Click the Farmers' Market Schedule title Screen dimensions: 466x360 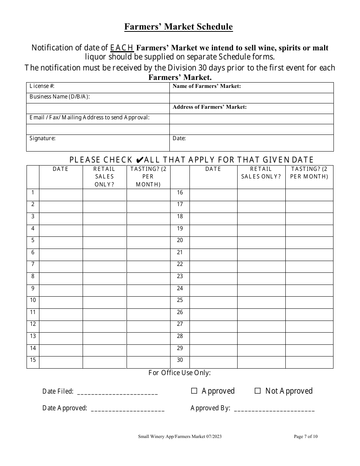[178, 27]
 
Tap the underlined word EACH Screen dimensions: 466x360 [122, 48]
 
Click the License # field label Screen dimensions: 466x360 [42, 86]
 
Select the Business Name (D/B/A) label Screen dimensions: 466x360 [59, 97]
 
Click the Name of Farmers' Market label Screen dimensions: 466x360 [207, 86]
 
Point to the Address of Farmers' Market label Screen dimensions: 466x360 [210, 107]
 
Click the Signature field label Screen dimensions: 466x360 [42, 138]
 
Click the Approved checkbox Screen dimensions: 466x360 [194, 391]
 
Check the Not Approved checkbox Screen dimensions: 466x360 [258, 391]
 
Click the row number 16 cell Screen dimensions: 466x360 [180, 192]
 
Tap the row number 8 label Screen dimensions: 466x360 [33, 276]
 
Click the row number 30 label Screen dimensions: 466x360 [180, 360]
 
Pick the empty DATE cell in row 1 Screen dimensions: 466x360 [61, 195]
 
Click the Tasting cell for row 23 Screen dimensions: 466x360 [309, 278]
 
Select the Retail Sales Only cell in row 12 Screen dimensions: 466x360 [104, 326]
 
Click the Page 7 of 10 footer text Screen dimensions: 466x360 [305, 436]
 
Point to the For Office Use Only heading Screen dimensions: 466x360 [180, 373]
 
